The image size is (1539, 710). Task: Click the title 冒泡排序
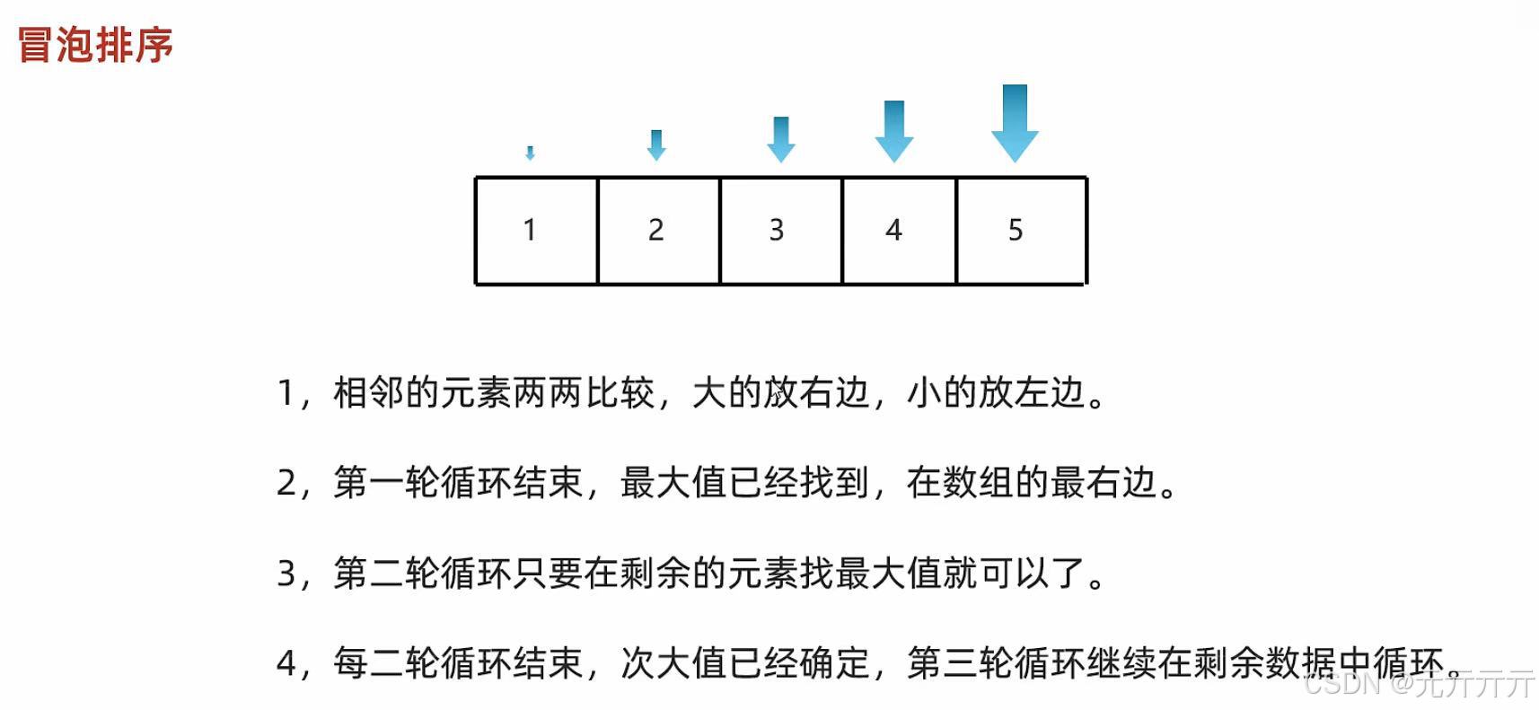(95, 45)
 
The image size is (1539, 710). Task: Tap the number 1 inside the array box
(530, 230)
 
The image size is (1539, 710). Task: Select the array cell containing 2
(656, 230)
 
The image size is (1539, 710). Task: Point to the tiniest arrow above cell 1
(530, 153)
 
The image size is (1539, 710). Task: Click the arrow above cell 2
(656, 145)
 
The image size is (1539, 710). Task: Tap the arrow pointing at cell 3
(781, 139)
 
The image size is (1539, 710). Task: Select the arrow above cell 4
(894, 131)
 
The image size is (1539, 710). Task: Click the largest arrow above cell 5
(1015, 123)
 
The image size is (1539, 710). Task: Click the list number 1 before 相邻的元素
(286, 393)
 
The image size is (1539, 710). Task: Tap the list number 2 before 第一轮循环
(286, 484)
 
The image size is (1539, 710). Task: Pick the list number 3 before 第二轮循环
(286, 574)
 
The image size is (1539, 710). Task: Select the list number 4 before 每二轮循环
(286, 664)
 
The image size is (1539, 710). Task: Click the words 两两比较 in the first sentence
(584, 393)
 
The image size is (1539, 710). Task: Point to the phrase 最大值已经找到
(744, 484)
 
